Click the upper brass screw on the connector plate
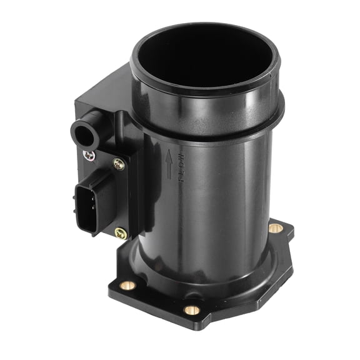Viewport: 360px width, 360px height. [x=119, y=164]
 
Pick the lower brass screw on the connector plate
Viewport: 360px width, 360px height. [x=121, y=233]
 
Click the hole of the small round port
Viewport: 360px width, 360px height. [x=79, y=131]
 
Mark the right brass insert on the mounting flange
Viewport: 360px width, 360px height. [x=275, y=228]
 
